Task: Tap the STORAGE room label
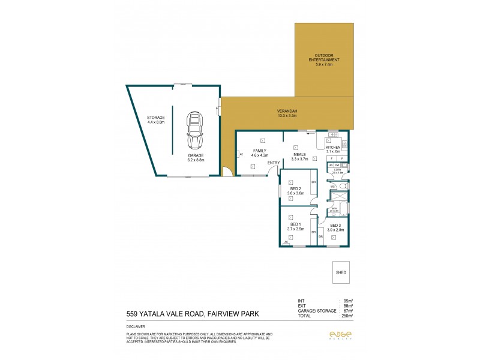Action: tap(155, 119)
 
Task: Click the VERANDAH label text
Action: tap(287, 113)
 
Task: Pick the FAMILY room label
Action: tap(260, 152)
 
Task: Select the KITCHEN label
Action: tap(333, 149)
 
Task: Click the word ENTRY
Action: tap(274, 163)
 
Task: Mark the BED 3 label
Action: tap(335, 227)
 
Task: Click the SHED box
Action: tap(341, 272)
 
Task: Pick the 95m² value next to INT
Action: tap(347, 301)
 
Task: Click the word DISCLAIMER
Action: tap(135, 327)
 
